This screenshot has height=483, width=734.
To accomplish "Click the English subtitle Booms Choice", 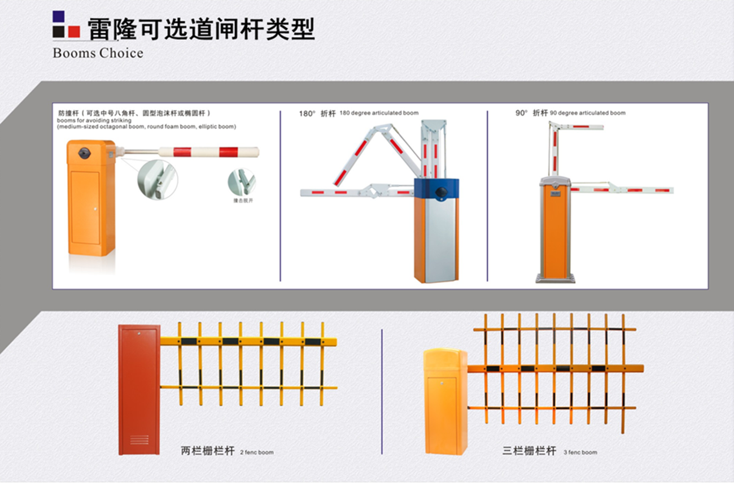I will [98, 53].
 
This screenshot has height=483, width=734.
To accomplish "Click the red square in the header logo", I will [74, 32].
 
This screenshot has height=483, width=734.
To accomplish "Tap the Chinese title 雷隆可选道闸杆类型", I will [200, 28].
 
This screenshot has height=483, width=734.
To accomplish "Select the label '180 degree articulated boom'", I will [379, 113].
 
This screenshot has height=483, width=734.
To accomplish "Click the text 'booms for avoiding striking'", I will [94, 120].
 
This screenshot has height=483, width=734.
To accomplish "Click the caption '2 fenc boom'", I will [256, 452].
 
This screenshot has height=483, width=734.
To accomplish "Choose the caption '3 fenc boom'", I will [580, 452].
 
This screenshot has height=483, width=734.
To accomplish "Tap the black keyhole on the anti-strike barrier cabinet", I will [85, 153].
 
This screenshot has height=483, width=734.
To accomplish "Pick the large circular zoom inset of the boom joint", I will [157, 179].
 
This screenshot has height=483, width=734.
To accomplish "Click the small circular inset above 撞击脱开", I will [241, 182].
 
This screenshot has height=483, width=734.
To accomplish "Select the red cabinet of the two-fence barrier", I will [139, 390].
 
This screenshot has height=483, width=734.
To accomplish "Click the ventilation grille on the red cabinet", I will [139, 439].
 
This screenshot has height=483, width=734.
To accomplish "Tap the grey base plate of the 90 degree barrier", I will [555, 278].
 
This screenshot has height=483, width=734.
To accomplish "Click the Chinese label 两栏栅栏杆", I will [207, 451].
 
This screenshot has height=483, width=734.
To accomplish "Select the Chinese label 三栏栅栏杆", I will [529, 451].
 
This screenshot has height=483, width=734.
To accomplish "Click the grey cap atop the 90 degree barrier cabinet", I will [555, 182].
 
